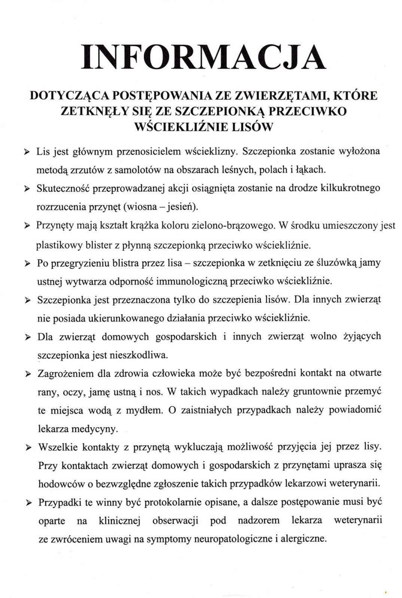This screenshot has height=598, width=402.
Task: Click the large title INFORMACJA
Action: pos(204,57)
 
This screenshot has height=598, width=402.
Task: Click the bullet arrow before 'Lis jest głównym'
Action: pos(27,152)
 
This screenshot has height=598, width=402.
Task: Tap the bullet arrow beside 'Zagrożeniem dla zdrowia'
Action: pos(28,374)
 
